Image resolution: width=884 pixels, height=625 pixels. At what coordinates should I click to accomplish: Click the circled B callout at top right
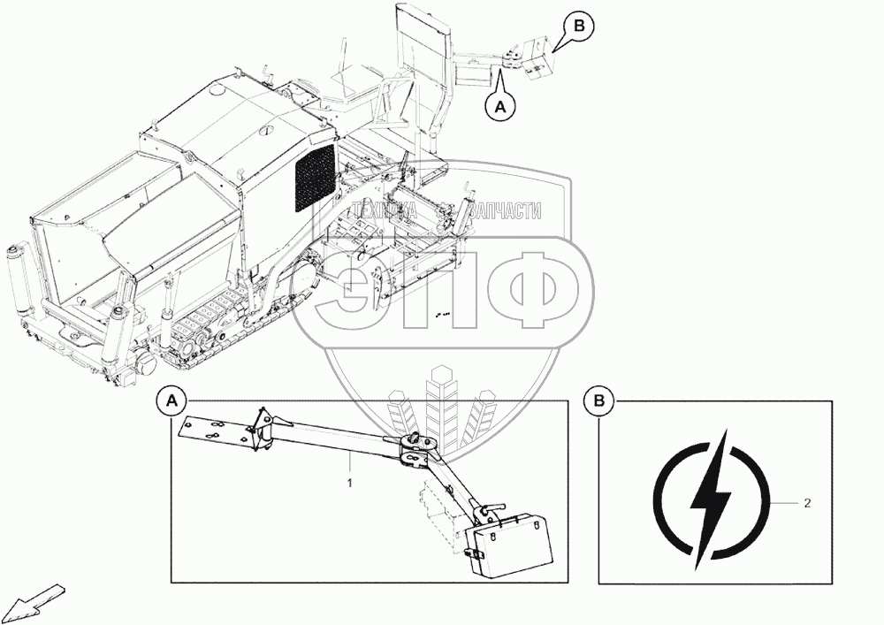click(x=579, y=27)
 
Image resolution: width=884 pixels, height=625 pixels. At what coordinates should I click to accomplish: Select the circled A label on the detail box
click(x=171, y=401)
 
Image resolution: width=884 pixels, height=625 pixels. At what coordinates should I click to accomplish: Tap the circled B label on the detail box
click(x=599, y=401)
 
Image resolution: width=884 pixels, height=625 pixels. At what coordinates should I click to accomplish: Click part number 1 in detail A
click(x=350, y=483)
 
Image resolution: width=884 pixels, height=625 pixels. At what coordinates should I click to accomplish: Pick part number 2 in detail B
click(x=807, y=503)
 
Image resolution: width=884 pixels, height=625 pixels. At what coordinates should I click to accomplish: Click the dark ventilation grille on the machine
click(x=314, y=176)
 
